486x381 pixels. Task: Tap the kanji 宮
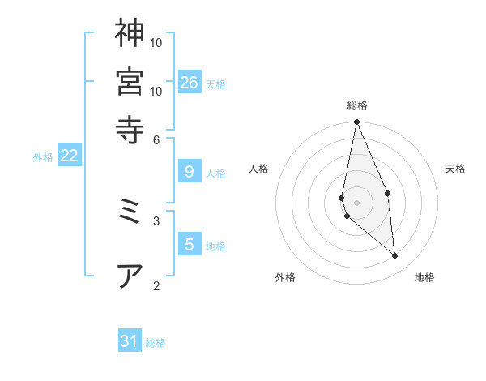click(130, 81)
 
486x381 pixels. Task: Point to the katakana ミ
click(130, 212)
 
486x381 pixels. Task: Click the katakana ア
click(130, 276)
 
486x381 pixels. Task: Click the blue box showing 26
click(190, 82)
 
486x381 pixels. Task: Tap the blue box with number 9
click(190, 171)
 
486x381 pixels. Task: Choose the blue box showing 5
click(190, 244)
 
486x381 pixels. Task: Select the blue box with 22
click(69, 156)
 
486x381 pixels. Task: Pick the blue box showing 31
click(130, 341)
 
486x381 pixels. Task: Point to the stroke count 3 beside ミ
click(157, 220)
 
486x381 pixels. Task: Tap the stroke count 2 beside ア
click(157, 285)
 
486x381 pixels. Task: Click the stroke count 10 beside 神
click(157, 41)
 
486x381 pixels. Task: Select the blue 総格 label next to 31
click(156, 343)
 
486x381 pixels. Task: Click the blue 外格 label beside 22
click(42, 157)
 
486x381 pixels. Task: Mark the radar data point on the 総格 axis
click(356, 122)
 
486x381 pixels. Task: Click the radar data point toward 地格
click(395, 256)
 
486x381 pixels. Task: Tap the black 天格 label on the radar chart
click(455, 169)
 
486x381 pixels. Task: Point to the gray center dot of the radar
click(356, 202)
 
